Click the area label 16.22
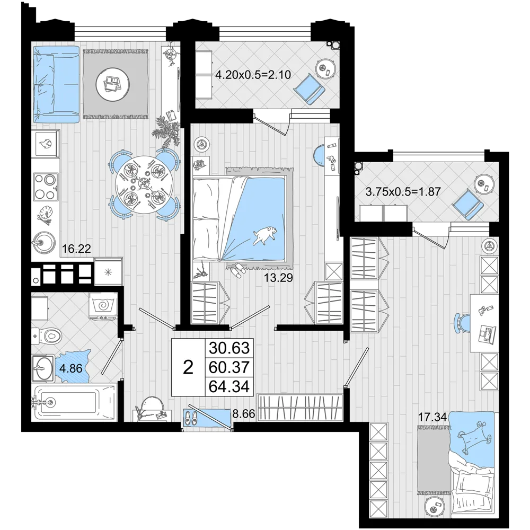tap(77, 249)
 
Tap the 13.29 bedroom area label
tap(278, 278)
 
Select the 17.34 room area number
tap(432, 417)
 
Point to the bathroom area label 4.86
tap(70, 368)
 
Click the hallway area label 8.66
tap(243, 413)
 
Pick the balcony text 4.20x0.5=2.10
tap(253, 74)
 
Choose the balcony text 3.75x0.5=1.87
tap(403, 192)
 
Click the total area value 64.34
tap(229, 386)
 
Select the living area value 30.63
tap(229, 348)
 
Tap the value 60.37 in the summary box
tap(229, 367)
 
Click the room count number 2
tap(188, 367)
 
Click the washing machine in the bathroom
tap(103, 306)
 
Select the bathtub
tap(74, 402)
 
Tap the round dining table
tap(144, 185)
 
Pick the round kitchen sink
tap(43, 243)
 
